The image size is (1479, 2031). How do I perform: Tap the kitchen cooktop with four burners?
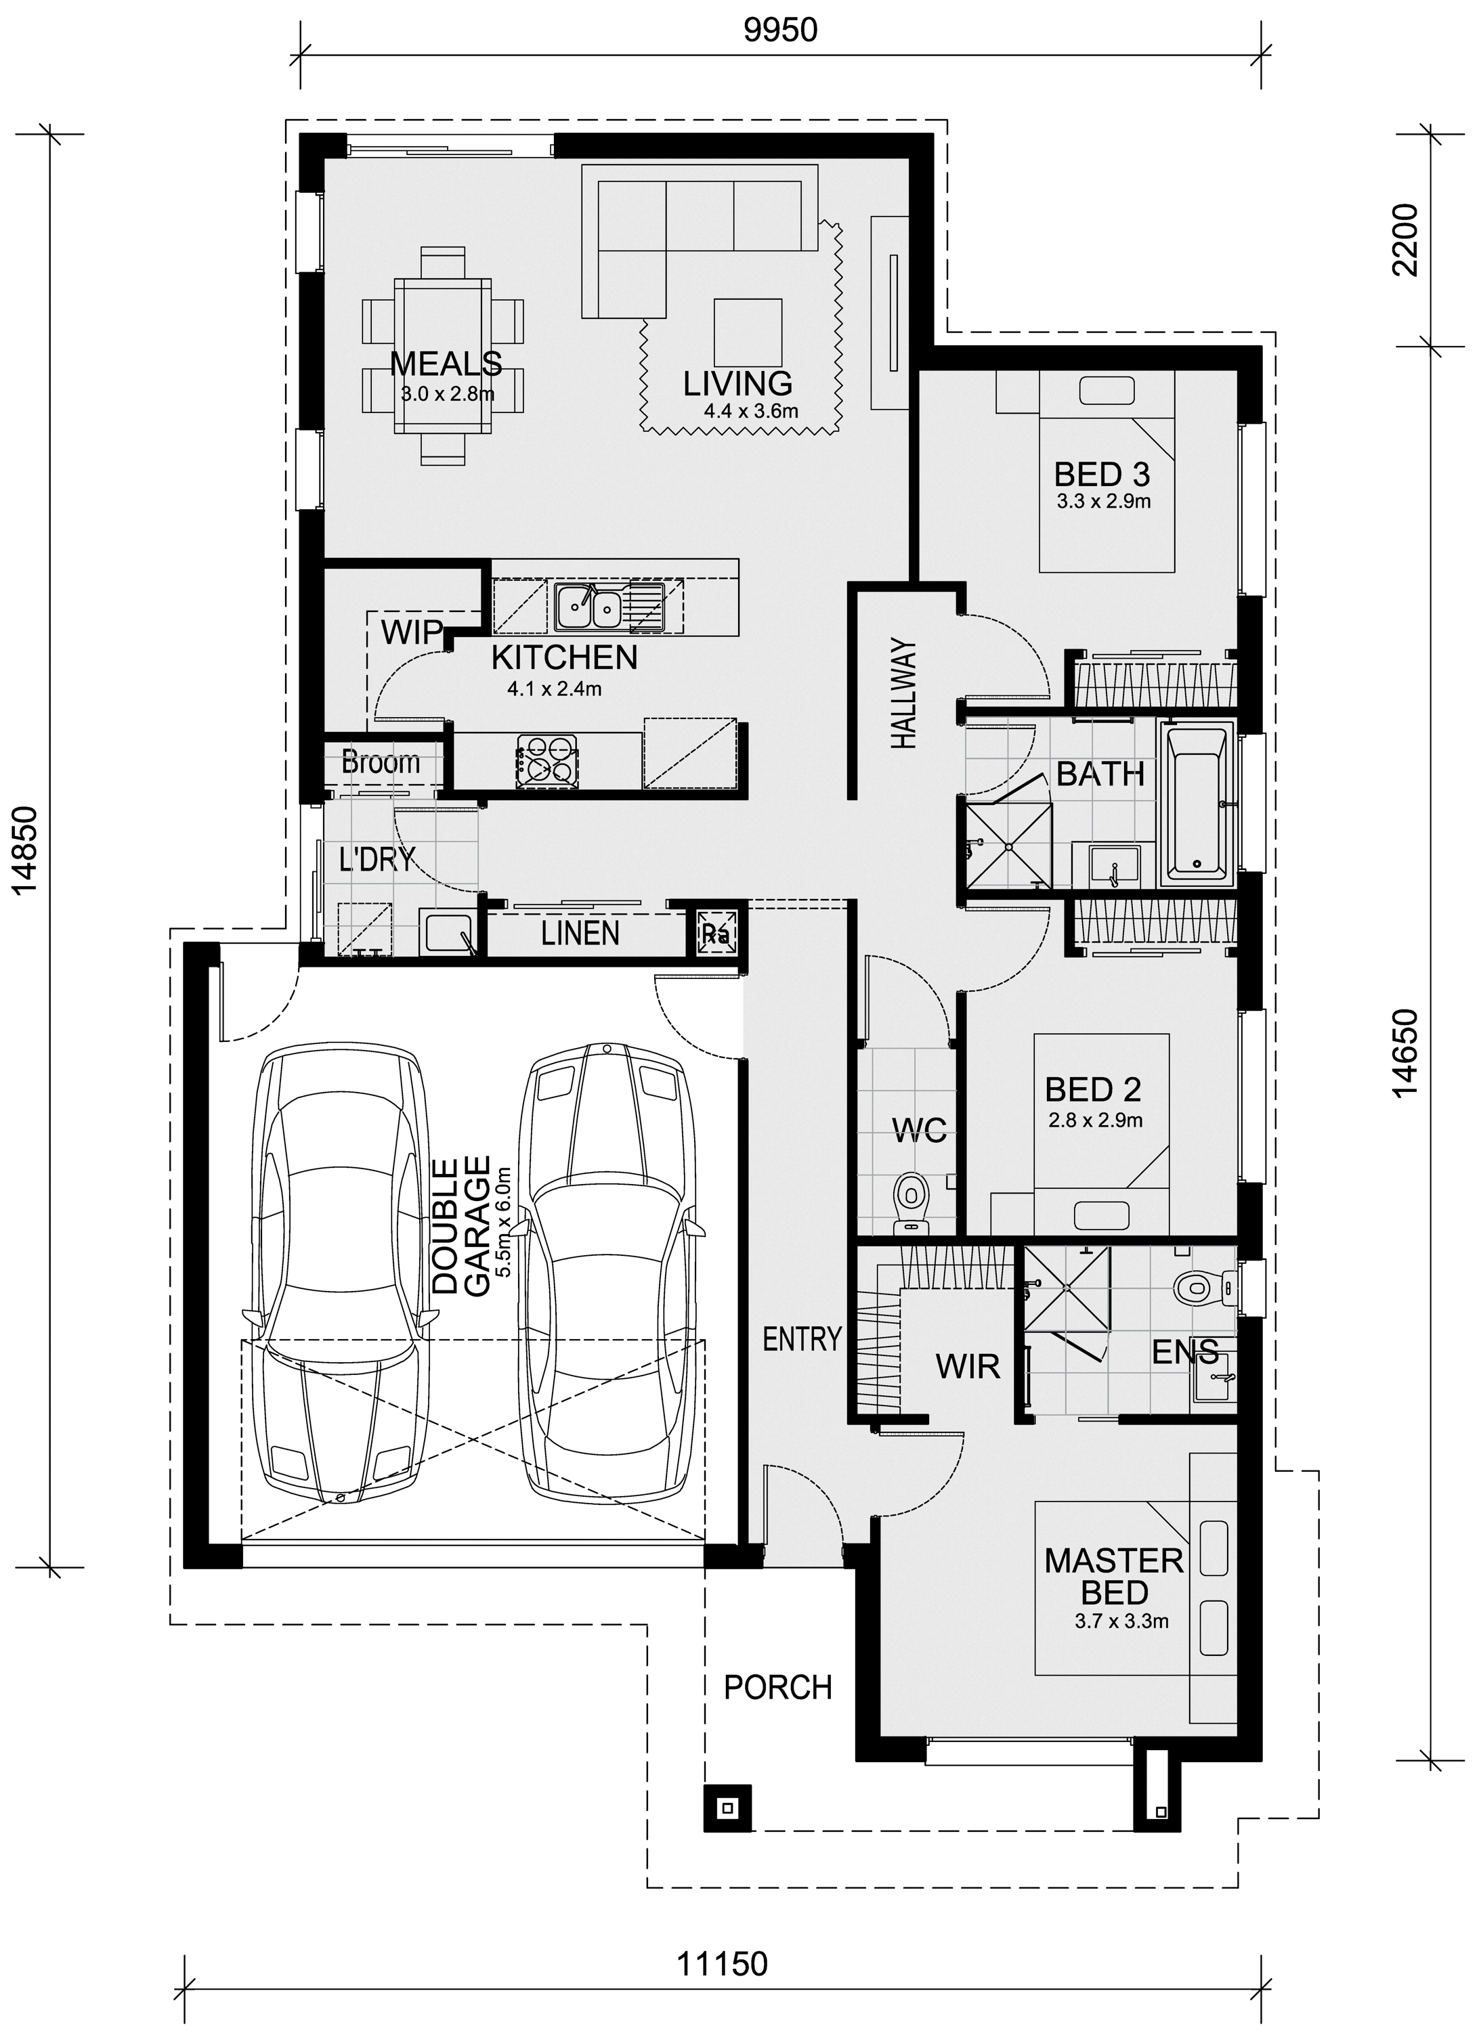[x=547, y=760]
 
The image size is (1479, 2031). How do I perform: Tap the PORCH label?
[x=777, y=1688]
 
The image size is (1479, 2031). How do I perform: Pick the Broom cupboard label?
[x=381, y=763]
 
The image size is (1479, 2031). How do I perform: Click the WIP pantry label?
[x=412, y=632]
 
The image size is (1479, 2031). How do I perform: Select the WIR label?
[x=968, y=1367]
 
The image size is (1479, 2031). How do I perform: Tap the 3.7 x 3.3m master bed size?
[x=1121, y=1621]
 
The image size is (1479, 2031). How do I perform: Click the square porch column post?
[x=727, y=1808]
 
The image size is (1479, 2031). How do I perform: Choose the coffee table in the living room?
[x=748, y=330]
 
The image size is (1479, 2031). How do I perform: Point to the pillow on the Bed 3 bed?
[x=1107, y=391]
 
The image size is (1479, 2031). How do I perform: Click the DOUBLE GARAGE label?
[x=461, y=1226]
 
